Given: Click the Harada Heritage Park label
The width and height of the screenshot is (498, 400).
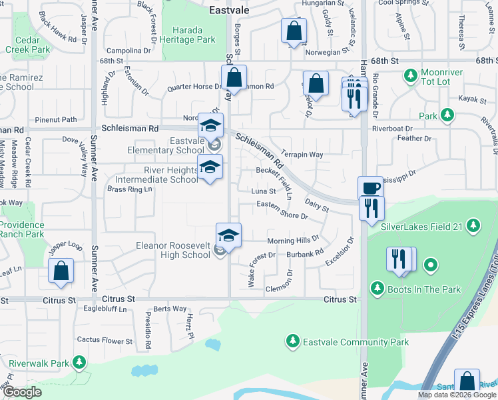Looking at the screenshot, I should click(x=194, y=35).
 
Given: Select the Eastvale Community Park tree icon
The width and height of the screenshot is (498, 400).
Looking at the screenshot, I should click(x=292, y=341).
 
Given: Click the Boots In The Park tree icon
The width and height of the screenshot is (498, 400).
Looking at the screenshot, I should click(x=377, y=289).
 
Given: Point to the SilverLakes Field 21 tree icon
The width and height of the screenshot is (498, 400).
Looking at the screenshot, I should click(x=473, y=226).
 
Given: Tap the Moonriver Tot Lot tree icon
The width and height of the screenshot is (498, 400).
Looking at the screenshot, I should click(x=409, y=72).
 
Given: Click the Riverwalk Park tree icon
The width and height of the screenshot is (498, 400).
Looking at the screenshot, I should click(x=79, y=363).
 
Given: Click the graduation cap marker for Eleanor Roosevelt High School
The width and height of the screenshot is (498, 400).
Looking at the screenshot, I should click(x=228, y=235).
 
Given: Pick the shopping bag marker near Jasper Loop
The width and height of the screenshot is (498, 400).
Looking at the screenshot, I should click(x=61, y=271).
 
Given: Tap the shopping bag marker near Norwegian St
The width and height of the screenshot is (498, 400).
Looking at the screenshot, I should click(x=293, y=31).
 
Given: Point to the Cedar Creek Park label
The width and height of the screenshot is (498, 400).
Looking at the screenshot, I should click(x=27, y=44).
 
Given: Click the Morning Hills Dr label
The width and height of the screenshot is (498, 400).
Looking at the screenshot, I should click(x=293, y=240).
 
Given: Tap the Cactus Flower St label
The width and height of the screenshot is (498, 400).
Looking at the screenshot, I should click(x=105, y=341).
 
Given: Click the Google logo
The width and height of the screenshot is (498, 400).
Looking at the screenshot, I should click(x=22, y=392).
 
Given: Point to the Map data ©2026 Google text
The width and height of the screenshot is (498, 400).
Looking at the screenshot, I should click(x=457, y=395).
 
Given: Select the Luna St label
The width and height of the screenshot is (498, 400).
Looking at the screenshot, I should click(x=263, y=191).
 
